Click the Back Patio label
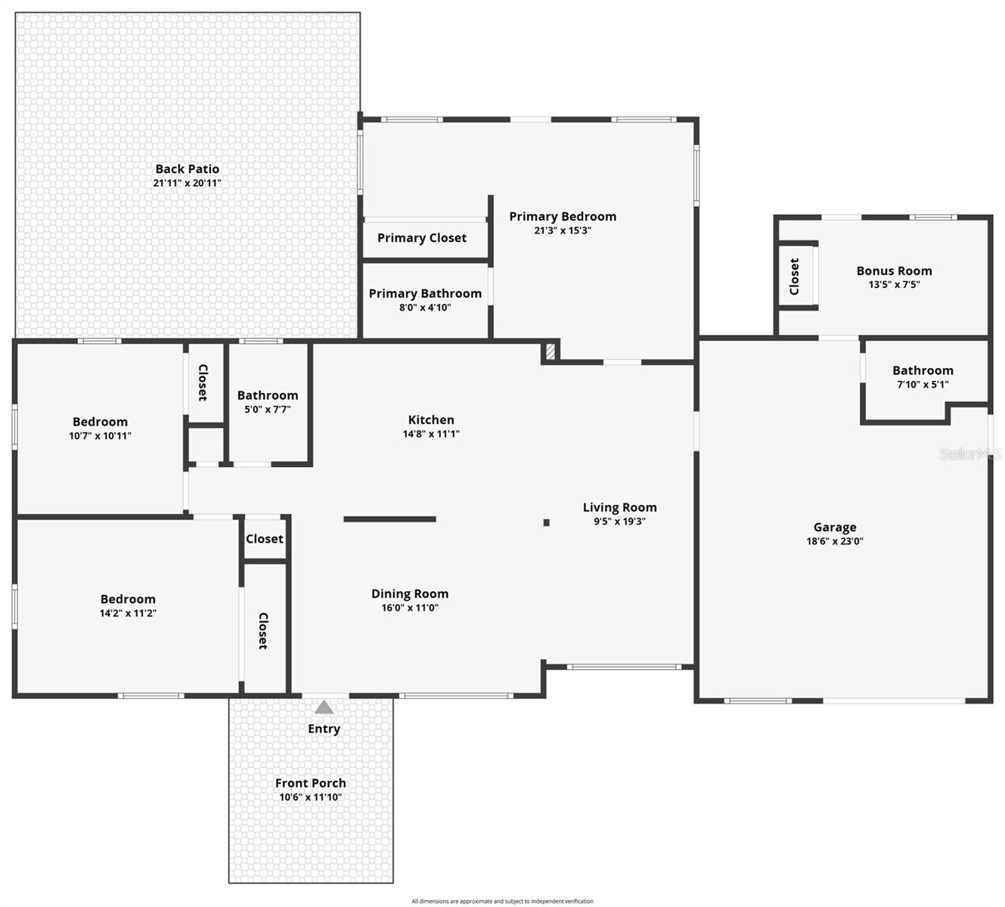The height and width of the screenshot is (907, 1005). (x=187, y=169)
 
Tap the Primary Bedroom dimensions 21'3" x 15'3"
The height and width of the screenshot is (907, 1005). (x=562, y=231)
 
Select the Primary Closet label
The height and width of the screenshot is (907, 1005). (x=422, y=238)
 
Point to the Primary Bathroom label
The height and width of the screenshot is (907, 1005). (x=425, y=294)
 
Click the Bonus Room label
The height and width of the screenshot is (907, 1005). (x=894, y=271)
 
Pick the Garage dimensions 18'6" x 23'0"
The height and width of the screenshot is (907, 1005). (x=835, y=541)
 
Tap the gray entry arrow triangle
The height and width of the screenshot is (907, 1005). (x=324, y=707)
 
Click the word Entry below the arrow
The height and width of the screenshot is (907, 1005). (x=324, y=729)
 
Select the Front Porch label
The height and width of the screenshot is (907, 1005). (x=310, y=783)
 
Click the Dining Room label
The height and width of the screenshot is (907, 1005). (x=410, y=594)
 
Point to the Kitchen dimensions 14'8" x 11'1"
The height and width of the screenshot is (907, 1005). (x=431, y=434)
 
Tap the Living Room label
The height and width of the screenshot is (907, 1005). (x=619, y=508)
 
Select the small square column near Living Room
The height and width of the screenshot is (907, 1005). (x=546, y=522)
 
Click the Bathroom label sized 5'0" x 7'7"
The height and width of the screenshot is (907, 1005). (x=268, y=395)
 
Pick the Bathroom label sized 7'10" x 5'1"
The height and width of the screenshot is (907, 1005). (x=923, y=370)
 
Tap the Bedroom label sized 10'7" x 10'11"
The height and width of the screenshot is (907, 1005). (x=100, y=422)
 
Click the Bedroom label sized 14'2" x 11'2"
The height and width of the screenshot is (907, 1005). (x=128, y=599)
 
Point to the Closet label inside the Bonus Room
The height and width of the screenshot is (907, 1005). (x=794, y=277)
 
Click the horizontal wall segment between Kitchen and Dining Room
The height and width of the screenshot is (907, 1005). (x=389, y=519)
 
